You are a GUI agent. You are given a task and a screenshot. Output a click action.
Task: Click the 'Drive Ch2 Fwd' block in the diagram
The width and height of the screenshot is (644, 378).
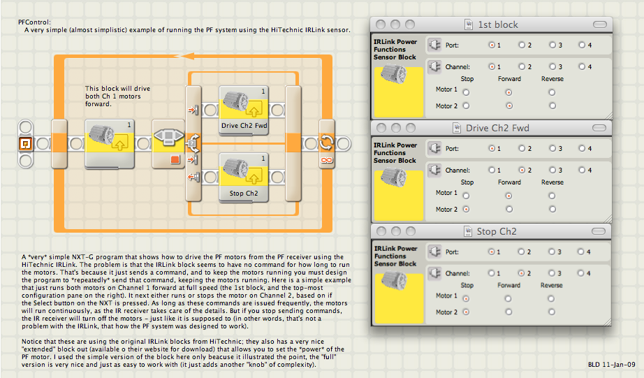pos(244,110)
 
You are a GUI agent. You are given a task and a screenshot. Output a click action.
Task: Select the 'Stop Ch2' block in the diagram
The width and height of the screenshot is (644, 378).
pos(244,177)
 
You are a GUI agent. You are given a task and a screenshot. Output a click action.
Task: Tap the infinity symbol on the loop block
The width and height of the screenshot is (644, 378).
pos(326,160)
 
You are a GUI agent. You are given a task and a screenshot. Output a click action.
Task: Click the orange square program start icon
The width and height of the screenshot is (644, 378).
pos(25,144)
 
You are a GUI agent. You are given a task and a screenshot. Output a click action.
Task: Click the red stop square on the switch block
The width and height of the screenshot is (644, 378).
pos(175,159)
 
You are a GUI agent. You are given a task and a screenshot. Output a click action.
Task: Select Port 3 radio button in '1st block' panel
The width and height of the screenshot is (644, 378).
pos(552,45)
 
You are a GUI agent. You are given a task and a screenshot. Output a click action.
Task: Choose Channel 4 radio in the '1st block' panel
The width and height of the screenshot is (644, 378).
pos(582,66)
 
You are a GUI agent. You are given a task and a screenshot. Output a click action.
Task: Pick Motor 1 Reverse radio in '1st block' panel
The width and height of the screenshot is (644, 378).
pos(552,92)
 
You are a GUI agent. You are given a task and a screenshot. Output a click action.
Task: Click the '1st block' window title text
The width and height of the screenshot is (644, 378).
pos(498,24)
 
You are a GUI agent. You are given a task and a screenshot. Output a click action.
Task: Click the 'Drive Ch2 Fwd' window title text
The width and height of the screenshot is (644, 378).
pos(497,128)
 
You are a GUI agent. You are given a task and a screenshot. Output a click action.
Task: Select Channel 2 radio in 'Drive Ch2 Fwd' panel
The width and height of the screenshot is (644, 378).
pos(522,170)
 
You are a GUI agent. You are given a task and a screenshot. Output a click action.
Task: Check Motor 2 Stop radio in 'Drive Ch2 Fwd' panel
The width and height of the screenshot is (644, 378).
pos(466,209)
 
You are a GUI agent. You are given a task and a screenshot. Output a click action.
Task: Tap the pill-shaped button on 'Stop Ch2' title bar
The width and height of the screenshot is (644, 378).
pos(599,231)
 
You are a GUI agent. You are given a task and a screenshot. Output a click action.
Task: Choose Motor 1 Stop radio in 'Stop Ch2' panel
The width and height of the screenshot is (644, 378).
pos(466,299)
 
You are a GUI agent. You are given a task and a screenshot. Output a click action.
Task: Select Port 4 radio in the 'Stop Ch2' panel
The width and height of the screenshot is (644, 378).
pos(580,252)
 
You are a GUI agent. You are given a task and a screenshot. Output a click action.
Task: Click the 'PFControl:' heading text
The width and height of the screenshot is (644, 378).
pos(34,22)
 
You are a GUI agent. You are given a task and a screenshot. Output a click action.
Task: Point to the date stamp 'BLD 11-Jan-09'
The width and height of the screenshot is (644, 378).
pos(612,365)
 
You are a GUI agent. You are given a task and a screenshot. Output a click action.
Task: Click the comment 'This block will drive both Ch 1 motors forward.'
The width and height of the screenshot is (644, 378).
pos(117,96)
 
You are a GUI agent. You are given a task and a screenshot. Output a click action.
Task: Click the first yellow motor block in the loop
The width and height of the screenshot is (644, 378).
pos(110,144)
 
